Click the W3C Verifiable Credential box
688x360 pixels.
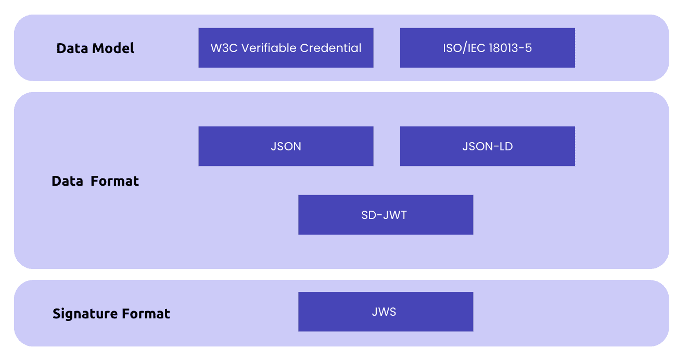(286, 48)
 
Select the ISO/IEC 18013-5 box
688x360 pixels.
(487, 48)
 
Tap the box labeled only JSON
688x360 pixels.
(286, 146)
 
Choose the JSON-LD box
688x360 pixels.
(487, 146)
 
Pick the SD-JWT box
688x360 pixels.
(385, 215)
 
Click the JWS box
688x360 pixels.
(385, 312)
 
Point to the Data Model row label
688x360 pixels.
(95, 48)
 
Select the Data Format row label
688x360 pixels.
(95, 181)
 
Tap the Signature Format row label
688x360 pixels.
(111, 314)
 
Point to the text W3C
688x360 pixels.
(221, 48)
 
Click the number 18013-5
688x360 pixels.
(510, 48)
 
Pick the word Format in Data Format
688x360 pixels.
(114, 181)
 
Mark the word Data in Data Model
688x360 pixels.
(72, 48)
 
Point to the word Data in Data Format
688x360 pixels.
(68, 181)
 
